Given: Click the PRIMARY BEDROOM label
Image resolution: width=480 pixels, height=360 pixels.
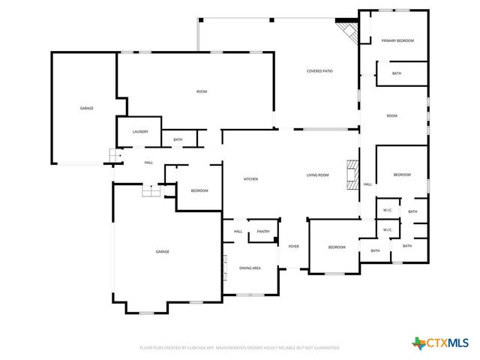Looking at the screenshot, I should [x=397, y=40].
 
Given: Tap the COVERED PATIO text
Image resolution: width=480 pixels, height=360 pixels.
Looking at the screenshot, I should [x=319, y=71].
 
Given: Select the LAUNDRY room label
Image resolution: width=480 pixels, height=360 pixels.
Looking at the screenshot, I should [x=140, y=132].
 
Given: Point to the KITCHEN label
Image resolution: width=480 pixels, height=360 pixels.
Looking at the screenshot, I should [x=250, y=178].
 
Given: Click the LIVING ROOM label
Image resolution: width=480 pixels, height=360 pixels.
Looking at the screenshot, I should [x=317, y=175].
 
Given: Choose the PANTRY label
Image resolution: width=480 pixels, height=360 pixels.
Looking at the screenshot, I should [x=263, y=232].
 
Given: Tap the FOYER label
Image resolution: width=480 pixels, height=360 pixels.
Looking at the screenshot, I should [x=293, y=246].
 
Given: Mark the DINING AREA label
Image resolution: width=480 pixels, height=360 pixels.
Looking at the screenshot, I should [x=250, y=268].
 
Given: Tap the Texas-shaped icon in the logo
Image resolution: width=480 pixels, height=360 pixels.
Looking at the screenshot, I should [x=418, y=343].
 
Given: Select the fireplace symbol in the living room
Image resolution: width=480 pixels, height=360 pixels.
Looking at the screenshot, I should [x=351, y=174].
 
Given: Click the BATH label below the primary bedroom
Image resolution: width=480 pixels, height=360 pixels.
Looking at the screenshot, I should [x=396, y=73].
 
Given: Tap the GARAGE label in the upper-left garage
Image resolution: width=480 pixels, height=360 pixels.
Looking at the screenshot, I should [x=87, y=109].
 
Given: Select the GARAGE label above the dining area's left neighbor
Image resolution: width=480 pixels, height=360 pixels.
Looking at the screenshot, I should [x=162, y=251].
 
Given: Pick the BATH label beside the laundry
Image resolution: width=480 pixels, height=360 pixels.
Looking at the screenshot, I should [x=178, y=139].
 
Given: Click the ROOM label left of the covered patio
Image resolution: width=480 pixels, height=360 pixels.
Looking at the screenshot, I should [x=202, y=91].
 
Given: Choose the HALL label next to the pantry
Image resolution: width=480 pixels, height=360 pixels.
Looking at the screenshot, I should [x=238, y=232].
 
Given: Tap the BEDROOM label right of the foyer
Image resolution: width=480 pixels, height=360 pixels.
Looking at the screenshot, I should [x=336, y=247].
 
